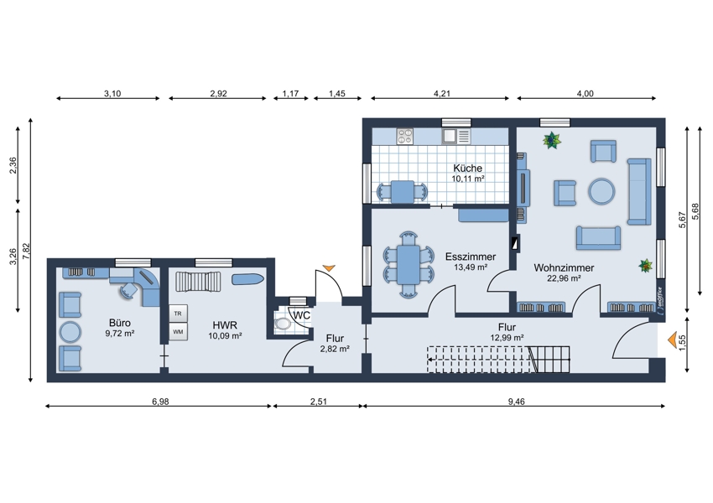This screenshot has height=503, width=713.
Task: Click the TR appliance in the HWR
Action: coord(178,314)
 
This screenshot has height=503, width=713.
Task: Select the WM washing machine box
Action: coord(178,332)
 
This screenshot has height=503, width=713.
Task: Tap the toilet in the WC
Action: coord(283,324)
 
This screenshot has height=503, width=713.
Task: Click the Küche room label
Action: coord(467,169)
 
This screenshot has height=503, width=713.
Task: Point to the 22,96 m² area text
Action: coord(564,278)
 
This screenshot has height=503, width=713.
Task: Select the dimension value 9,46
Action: coord(516,402)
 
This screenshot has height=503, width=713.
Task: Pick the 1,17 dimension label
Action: coord(290,94)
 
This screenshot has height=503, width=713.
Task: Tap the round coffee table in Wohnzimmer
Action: coord(601,191)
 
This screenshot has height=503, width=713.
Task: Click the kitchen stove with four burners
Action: coord(404,136)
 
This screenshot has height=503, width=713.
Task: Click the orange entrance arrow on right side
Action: coord(672,340)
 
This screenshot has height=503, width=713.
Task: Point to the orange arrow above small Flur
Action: coord(329,268)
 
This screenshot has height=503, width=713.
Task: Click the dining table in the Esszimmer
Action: coord(409,265)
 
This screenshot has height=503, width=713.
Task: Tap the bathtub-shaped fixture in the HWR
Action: coord(247,279)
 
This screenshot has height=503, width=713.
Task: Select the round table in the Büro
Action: coord(70,332)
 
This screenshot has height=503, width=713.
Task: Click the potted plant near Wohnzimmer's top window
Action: coord(552,140)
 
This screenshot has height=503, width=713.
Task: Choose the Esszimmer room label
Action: coord(471,257)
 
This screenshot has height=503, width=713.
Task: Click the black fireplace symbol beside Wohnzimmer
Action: coord(515,244)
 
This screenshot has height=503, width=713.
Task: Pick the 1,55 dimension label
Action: coord(682,344)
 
